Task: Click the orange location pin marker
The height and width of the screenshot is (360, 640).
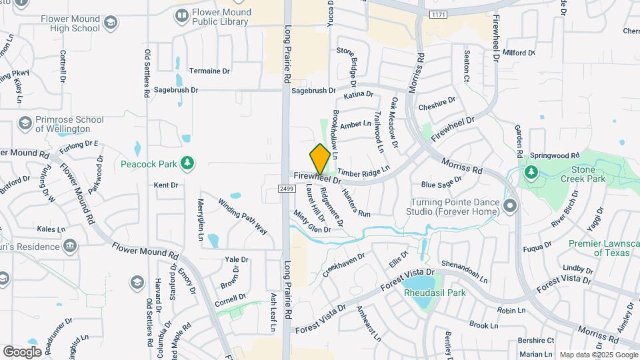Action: point(320,159)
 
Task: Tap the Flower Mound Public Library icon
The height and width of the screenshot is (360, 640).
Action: point(181,15)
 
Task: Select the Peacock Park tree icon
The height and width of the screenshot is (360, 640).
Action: point(188,163)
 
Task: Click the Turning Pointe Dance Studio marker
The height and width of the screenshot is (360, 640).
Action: point(511,205)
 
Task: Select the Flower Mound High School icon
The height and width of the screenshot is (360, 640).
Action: point(110,23)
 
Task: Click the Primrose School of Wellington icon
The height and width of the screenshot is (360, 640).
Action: point(25,124)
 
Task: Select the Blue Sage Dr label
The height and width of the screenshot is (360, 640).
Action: point(441,182)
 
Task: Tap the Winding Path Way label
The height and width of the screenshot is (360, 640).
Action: point(243,217)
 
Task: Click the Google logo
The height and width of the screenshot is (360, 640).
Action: point(22,351)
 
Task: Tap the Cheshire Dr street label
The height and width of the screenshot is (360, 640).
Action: point(437,104)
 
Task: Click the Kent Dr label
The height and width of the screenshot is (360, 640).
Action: point(166,185)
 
